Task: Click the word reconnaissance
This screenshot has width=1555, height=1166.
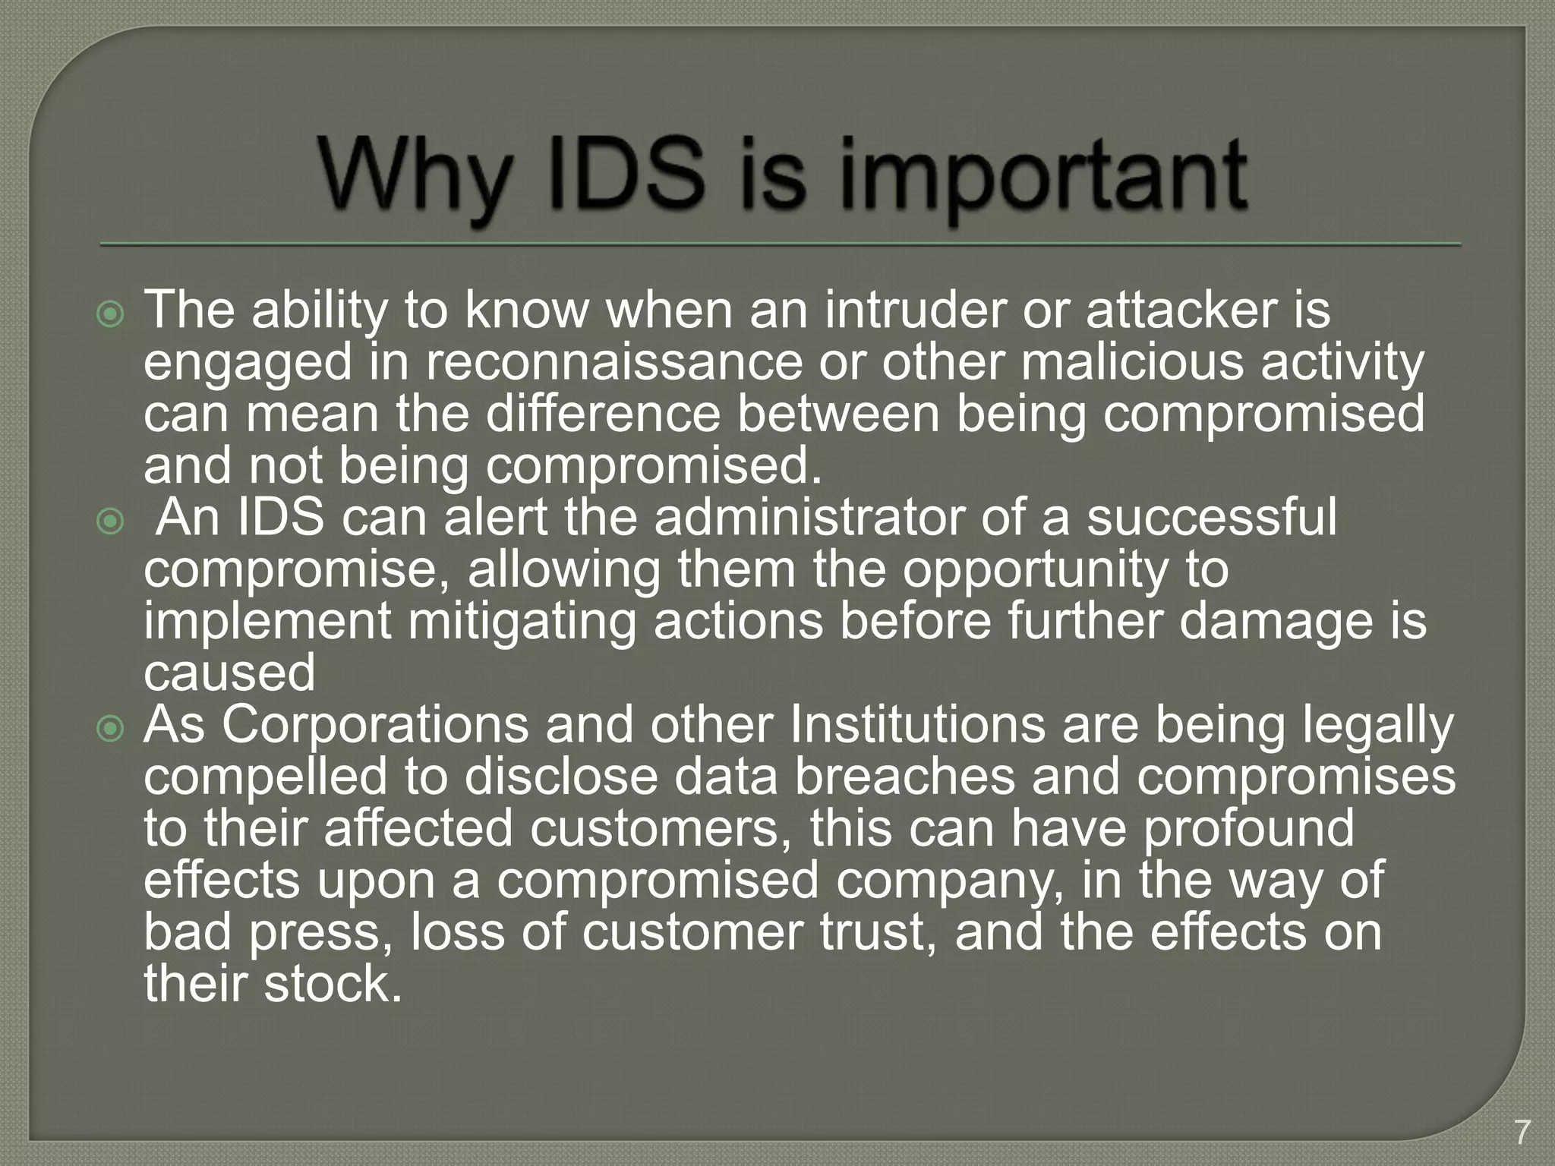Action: point(613,362)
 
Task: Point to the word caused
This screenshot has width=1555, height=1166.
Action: point(229,673)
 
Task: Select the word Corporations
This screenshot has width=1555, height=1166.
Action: point(375,725)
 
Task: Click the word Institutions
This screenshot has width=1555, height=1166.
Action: point(917,725)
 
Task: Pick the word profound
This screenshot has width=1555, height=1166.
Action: point(1249,829)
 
